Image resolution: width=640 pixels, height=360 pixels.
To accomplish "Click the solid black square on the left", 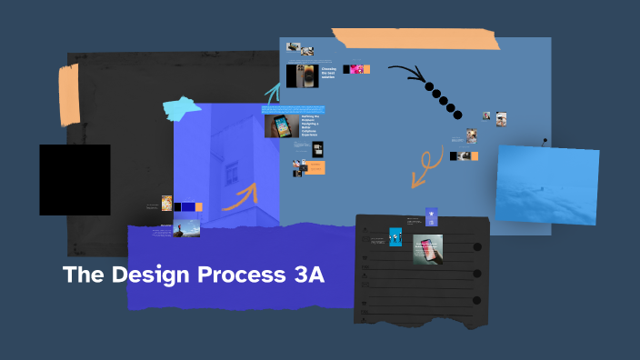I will [75, 180].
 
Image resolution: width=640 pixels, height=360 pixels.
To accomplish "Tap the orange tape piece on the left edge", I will [69, 95].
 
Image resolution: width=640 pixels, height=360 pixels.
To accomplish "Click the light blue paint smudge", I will [182, 107].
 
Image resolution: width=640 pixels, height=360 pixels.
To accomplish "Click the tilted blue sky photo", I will [546, 185].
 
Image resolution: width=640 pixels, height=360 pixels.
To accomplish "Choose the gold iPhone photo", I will [302, 75].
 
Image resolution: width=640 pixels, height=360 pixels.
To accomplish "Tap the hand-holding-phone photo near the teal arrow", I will [282, 125].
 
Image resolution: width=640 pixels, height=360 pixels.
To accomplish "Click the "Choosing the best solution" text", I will [328, 72].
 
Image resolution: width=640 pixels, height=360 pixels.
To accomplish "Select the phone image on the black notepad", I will [427, 249].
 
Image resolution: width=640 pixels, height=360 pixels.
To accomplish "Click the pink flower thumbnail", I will [357, 69].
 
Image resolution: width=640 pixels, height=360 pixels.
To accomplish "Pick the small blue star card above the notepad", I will [432, 216].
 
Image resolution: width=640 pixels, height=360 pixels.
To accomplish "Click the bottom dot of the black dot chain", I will [456, 115].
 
